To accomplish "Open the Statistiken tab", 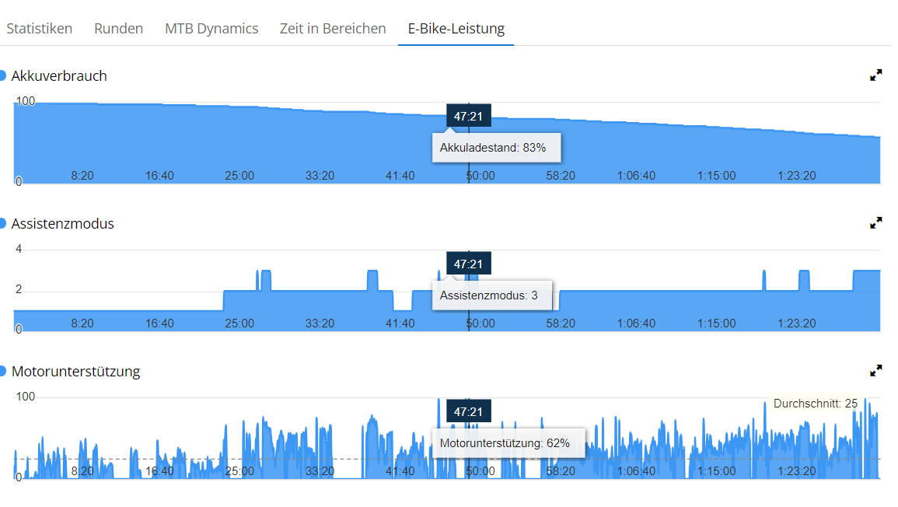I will click(x=40, y=29).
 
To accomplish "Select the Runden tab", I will click(x=118, y=29).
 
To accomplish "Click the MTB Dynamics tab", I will click(x=211, y=29).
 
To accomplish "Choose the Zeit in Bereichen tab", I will click(x=333, y=29).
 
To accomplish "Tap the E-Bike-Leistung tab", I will click(x=456, y=29).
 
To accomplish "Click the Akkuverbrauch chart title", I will click(x=59, y=76).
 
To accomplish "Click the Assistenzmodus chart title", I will click(x=62, y=224).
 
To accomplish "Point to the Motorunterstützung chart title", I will click(x=75, y=372).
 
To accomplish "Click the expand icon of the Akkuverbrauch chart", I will click(x=876, y=75).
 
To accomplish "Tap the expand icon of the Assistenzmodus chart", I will click(x=876, y=223).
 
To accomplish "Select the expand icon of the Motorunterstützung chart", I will click(x=876, y=371).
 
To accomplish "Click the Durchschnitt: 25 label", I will click(x=816, y=404).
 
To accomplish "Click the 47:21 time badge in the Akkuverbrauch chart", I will click(x=468, y=117).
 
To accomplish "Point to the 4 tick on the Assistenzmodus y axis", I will click(x=19, y=250).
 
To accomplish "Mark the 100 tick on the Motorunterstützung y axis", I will click(x=26, y=397).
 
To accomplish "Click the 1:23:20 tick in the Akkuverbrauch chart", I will click(x=797, y=176).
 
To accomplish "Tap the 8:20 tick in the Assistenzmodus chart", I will click(x=82, y=323).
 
